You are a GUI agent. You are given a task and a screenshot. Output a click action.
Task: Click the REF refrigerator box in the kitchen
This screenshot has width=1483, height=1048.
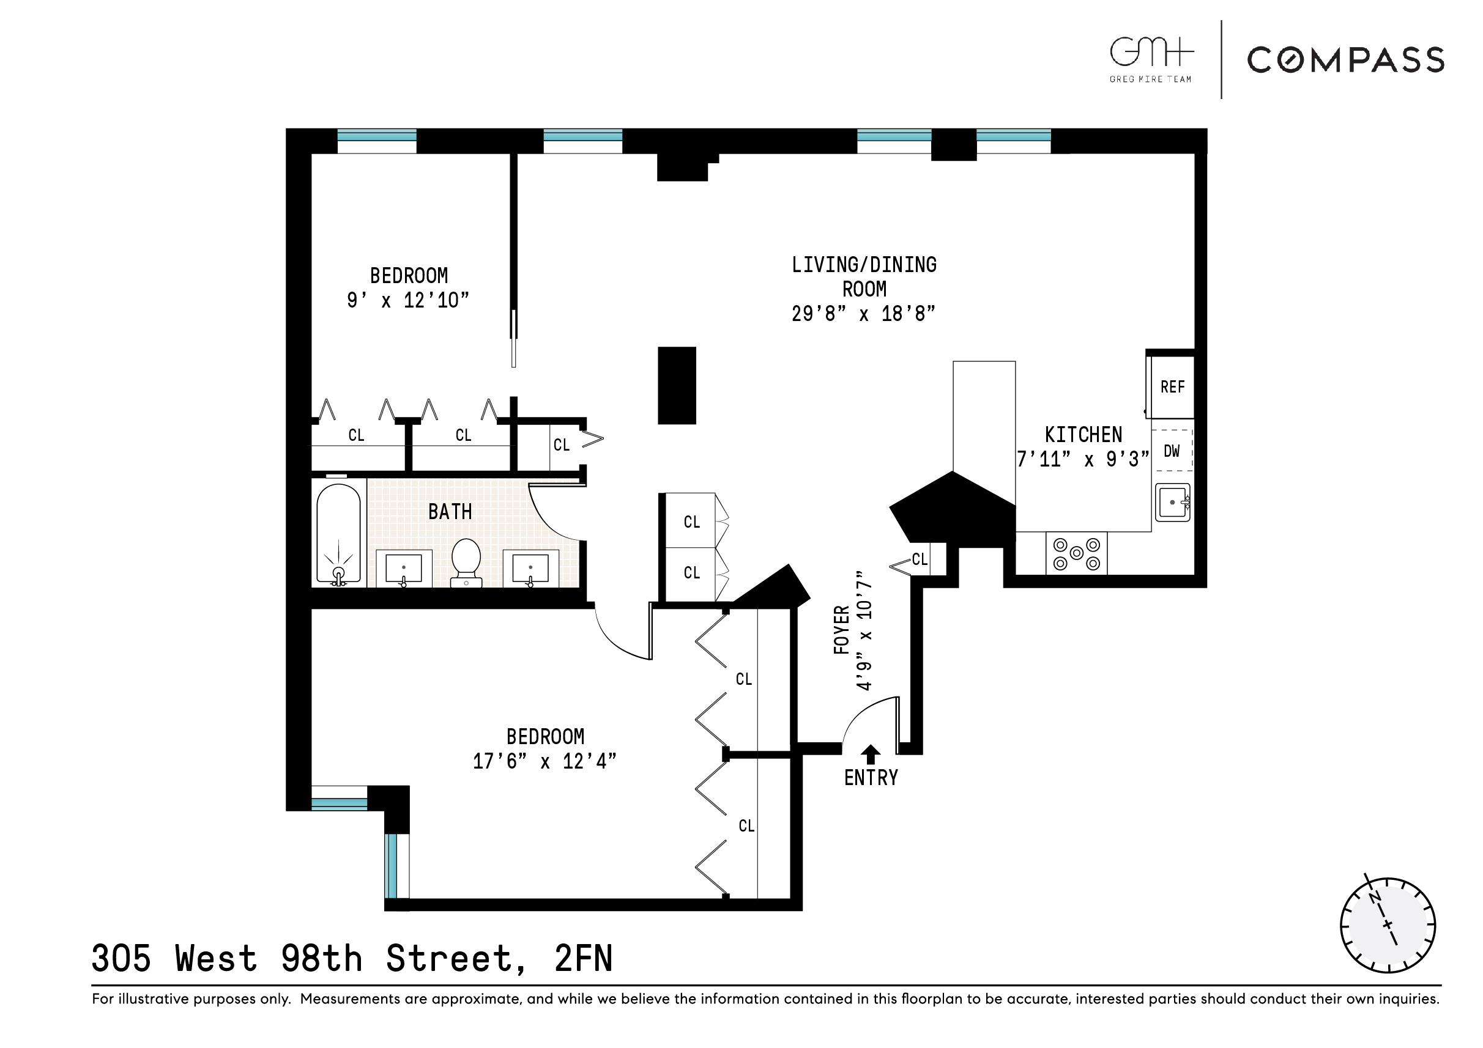point(1172,387)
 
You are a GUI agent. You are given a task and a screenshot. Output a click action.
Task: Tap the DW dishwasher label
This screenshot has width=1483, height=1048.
point(1172,451)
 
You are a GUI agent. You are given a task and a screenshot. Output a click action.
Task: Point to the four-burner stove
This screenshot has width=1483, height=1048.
point(1076,553)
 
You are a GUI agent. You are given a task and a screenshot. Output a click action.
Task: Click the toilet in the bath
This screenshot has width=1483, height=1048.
point(466,561)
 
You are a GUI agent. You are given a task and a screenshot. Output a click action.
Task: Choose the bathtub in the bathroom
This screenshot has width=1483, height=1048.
point(338,533)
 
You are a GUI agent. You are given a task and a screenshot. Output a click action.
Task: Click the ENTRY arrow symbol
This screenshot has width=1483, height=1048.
point(871,754)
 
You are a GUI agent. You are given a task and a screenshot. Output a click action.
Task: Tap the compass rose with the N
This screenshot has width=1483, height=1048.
point(1388,925)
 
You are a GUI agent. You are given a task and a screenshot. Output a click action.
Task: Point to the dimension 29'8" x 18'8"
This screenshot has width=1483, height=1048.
point(864,314)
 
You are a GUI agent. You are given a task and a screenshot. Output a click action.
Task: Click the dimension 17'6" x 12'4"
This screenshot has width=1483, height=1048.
point(545,761)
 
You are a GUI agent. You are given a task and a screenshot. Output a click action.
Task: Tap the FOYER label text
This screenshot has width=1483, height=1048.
point(841,630)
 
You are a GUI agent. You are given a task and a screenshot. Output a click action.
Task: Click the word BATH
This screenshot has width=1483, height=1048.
point(450,512)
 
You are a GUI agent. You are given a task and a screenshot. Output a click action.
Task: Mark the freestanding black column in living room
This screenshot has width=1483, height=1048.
point(677,385)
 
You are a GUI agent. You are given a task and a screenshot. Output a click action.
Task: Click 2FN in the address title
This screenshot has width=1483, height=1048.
point(583,958)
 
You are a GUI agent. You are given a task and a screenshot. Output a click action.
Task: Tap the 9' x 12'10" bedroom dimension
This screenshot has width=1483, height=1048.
point(408,300)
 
